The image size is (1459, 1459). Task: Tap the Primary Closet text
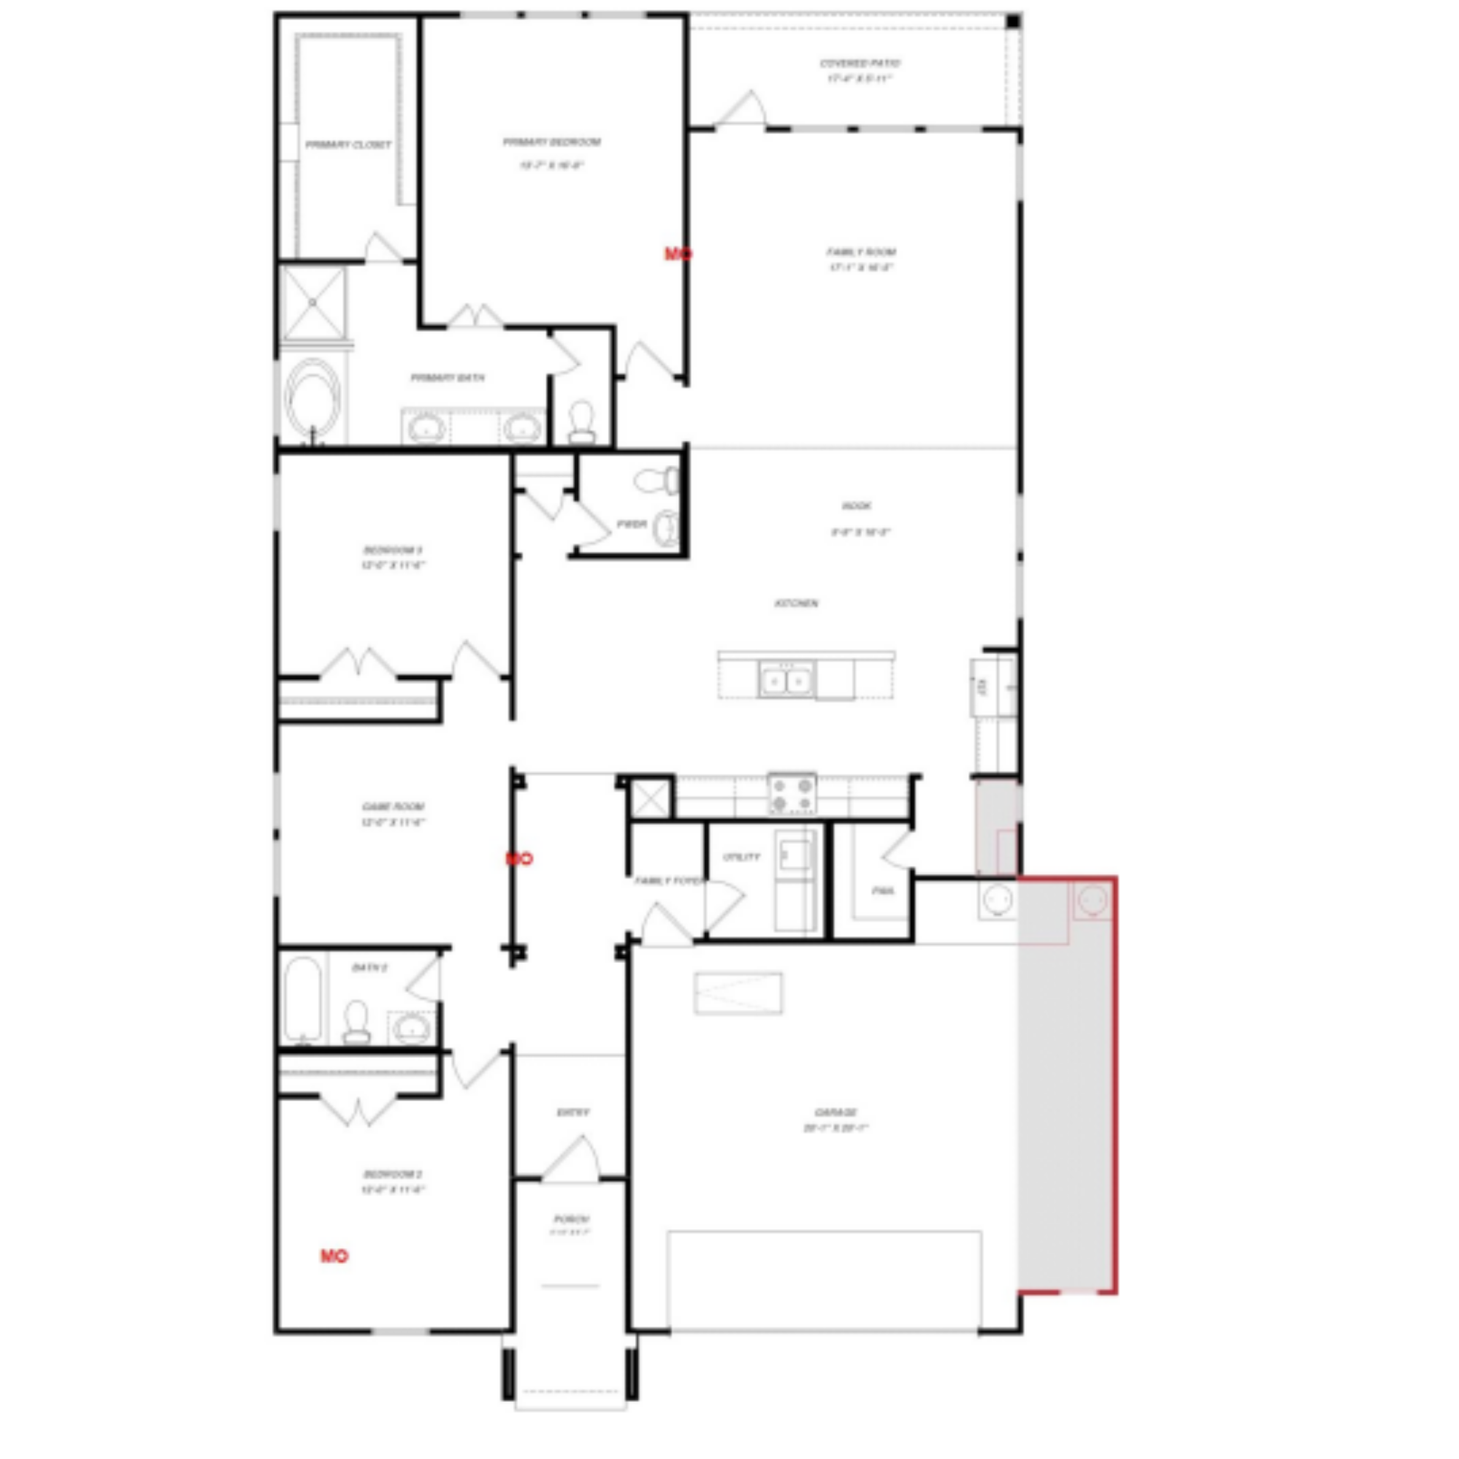tap(348, 144)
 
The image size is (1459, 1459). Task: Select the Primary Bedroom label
tap(552, 143)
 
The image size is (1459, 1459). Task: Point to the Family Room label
tap(860, 252)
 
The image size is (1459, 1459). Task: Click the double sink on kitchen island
tap(786, 680)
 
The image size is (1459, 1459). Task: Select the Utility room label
tap(741, 857)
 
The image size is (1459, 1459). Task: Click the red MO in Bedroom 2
tap(334, 1256)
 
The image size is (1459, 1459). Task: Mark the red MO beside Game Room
tap(519, 858)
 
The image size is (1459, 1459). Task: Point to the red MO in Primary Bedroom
tap(677, 254)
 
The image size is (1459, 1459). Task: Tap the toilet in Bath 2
tap(356, 1021)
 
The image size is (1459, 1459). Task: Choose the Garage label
tap(836, 1112)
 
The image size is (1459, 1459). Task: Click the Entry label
tap(573, 1112)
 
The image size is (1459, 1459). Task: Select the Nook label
tap(857, 506)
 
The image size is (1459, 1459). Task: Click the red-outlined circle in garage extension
tap(1092, 900)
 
